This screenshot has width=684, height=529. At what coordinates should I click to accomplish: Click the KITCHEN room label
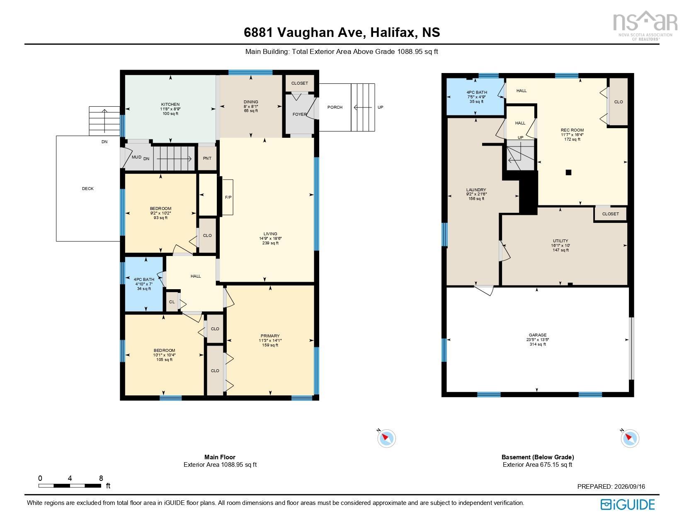pos(170,104)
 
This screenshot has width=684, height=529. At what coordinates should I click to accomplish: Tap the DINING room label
pos(251,102)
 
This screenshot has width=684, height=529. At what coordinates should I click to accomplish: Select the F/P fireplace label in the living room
pos(228,197)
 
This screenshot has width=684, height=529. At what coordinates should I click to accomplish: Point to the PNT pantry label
pos(207,158)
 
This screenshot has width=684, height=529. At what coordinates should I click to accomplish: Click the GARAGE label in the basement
pos(538,335)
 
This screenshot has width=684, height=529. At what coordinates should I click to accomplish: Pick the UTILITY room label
pos(560,241)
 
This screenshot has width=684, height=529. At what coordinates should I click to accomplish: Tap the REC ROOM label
pos(572,130)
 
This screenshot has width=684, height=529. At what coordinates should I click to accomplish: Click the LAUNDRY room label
pos(476,190)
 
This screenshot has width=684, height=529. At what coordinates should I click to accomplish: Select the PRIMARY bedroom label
pos(270,336)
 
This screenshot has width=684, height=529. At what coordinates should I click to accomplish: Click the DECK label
pos(88,188)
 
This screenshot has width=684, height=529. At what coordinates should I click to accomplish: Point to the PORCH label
pos(335,107)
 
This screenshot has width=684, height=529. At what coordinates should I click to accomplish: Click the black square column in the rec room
pos(568,172)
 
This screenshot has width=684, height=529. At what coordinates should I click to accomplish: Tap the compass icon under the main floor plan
pos(386,438)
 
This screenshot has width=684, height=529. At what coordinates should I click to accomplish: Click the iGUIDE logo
pos(628,505)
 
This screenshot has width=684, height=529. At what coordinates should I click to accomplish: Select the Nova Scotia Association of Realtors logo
pos(645,26)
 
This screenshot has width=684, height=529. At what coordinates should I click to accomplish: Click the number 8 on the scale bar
pos(101,478)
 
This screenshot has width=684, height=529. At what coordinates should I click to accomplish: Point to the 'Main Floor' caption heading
pos(220,457)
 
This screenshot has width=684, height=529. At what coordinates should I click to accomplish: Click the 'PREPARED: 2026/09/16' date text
pos(611,486)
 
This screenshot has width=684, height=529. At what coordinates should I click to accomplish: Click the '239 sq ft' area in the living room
pos(270,243)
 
